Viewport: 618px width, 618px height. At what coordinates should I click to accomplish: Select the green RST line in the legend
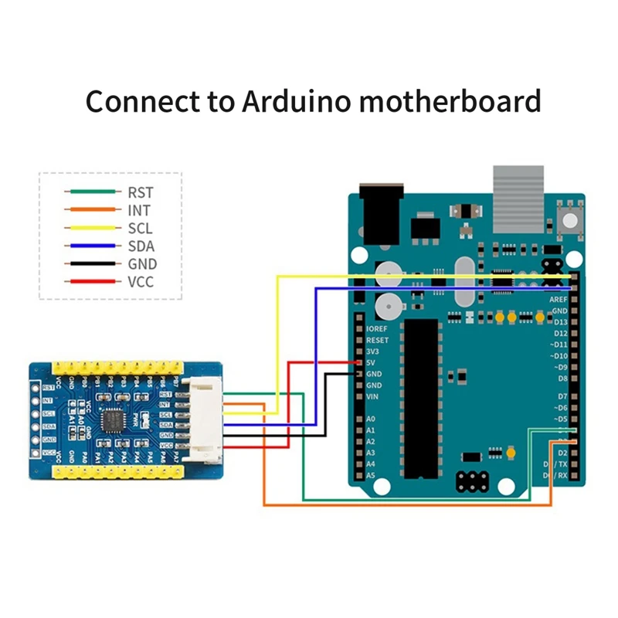click(x=93, y=191)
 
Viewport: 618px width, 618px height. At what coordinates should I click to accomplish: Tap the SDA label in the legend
click(x=141, y=246)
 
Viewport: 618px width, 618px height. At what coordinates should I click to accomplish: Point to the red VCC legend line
click(x=93, y=282)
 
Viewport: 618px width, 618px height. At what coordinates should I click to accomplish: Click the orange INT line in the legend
click(x=93, y=209)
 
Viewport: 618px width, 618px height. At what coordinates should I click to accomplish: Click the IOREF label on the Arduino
click(x=377, y=328)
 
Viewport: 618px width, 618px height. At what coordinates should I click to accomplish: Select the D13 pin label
click(x=559, y=321)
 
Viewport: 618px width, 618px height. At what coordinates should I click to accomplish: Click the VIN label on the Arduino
click(x=372, y=396)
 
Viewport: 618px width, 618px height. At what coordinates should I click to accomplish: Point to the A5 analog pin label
click(x=371, y=476)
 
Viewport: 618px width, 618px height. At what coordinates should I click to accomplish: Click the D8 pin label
click(x=561, y=379)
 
